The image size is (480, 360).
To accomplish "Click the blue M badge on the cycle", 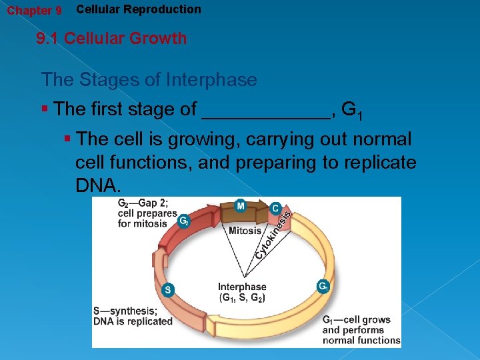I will click(x=241, y=206).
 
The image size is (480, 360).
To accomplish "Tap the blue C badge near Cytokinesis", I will click(x=275, y=208).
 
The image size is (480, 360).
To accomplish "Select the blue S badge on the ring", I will click(x=168, y=289).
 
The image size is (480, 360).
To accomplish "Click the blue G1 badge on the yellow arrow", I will click(x=323, y=287).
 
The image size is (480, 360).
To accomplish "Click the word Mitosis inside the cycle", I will click(x=245, y=231).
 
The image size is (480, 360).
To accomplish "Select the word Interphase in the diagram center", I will click(x=242, y=287).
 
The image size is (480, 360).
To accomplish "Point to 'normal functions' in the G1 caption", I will click(x=361, y=340).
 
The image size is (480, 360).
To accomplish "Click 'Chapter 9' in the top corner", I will click(x=34, y=11).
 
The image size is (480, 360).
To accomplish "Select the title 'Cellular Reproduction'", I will click(x=139, y=9).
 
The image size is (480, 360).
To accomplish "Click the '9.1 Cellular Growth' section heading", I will click(x=111, y=38).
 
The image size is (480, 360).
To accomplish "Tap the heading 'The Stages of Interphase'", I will click(x=149, y=80).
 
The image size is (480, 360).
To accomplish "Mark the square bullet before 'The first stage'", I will click(x=45, y=108).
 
